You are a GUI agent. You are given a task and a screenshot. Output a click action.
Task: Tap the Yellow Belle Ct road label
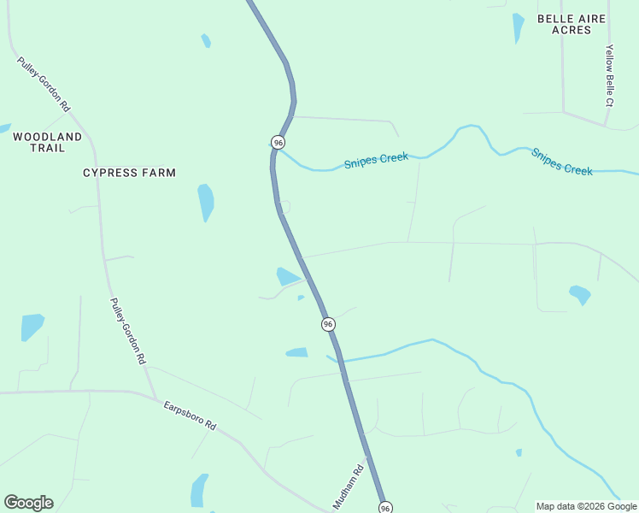(609, 76)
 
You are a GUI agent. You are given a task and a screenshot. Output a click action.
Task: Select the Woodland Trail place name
(48, 142)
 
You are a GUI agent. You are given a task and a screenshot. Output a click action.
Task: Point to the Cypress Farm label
(129, 173)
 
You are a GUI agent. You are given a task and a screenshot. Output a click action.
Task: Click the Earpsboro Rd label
(191, 416)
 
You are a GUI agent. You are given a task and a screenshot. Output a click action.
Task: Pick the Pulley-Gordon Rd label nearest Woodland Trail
(44, 85)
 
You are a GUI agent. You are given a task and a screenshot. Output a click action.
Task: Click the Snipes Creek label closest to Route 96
(376, 161)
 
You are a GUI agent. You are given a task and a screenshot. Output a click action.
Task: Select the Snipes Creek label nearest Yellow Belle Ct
(561, 162)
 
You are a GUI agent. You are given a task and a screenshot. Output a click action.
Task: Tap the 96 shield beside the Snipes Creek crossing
(278, 141)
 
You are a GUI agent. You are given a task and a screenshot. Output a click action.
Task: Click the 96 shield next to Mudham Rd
(385, 508)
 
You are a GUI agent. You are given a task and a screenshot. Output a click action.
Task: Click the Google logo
(28, 503)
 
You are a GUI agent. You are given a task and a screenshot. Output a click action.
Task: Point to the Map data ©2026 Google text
(586, 506)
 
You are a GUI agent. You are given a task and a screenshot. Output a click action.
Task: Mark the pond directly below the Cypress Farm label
(206, 202)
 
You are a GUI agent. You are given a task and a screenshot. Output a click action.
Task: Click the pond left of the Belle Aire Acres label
(518, 27)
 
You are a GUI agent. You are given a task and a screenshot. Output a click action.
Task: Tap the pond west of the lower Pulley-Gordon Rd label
(32, 326)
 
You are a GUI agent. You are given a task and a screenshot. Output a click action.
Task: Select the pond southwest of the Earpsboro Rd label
(199, 490)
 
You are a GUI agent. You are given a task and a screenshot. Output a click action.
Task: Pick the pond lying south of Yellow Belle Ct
(580, 295)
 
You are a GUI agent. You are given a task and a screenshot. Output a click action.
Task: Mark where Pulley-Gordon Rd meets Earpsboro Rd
(155, 398)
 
